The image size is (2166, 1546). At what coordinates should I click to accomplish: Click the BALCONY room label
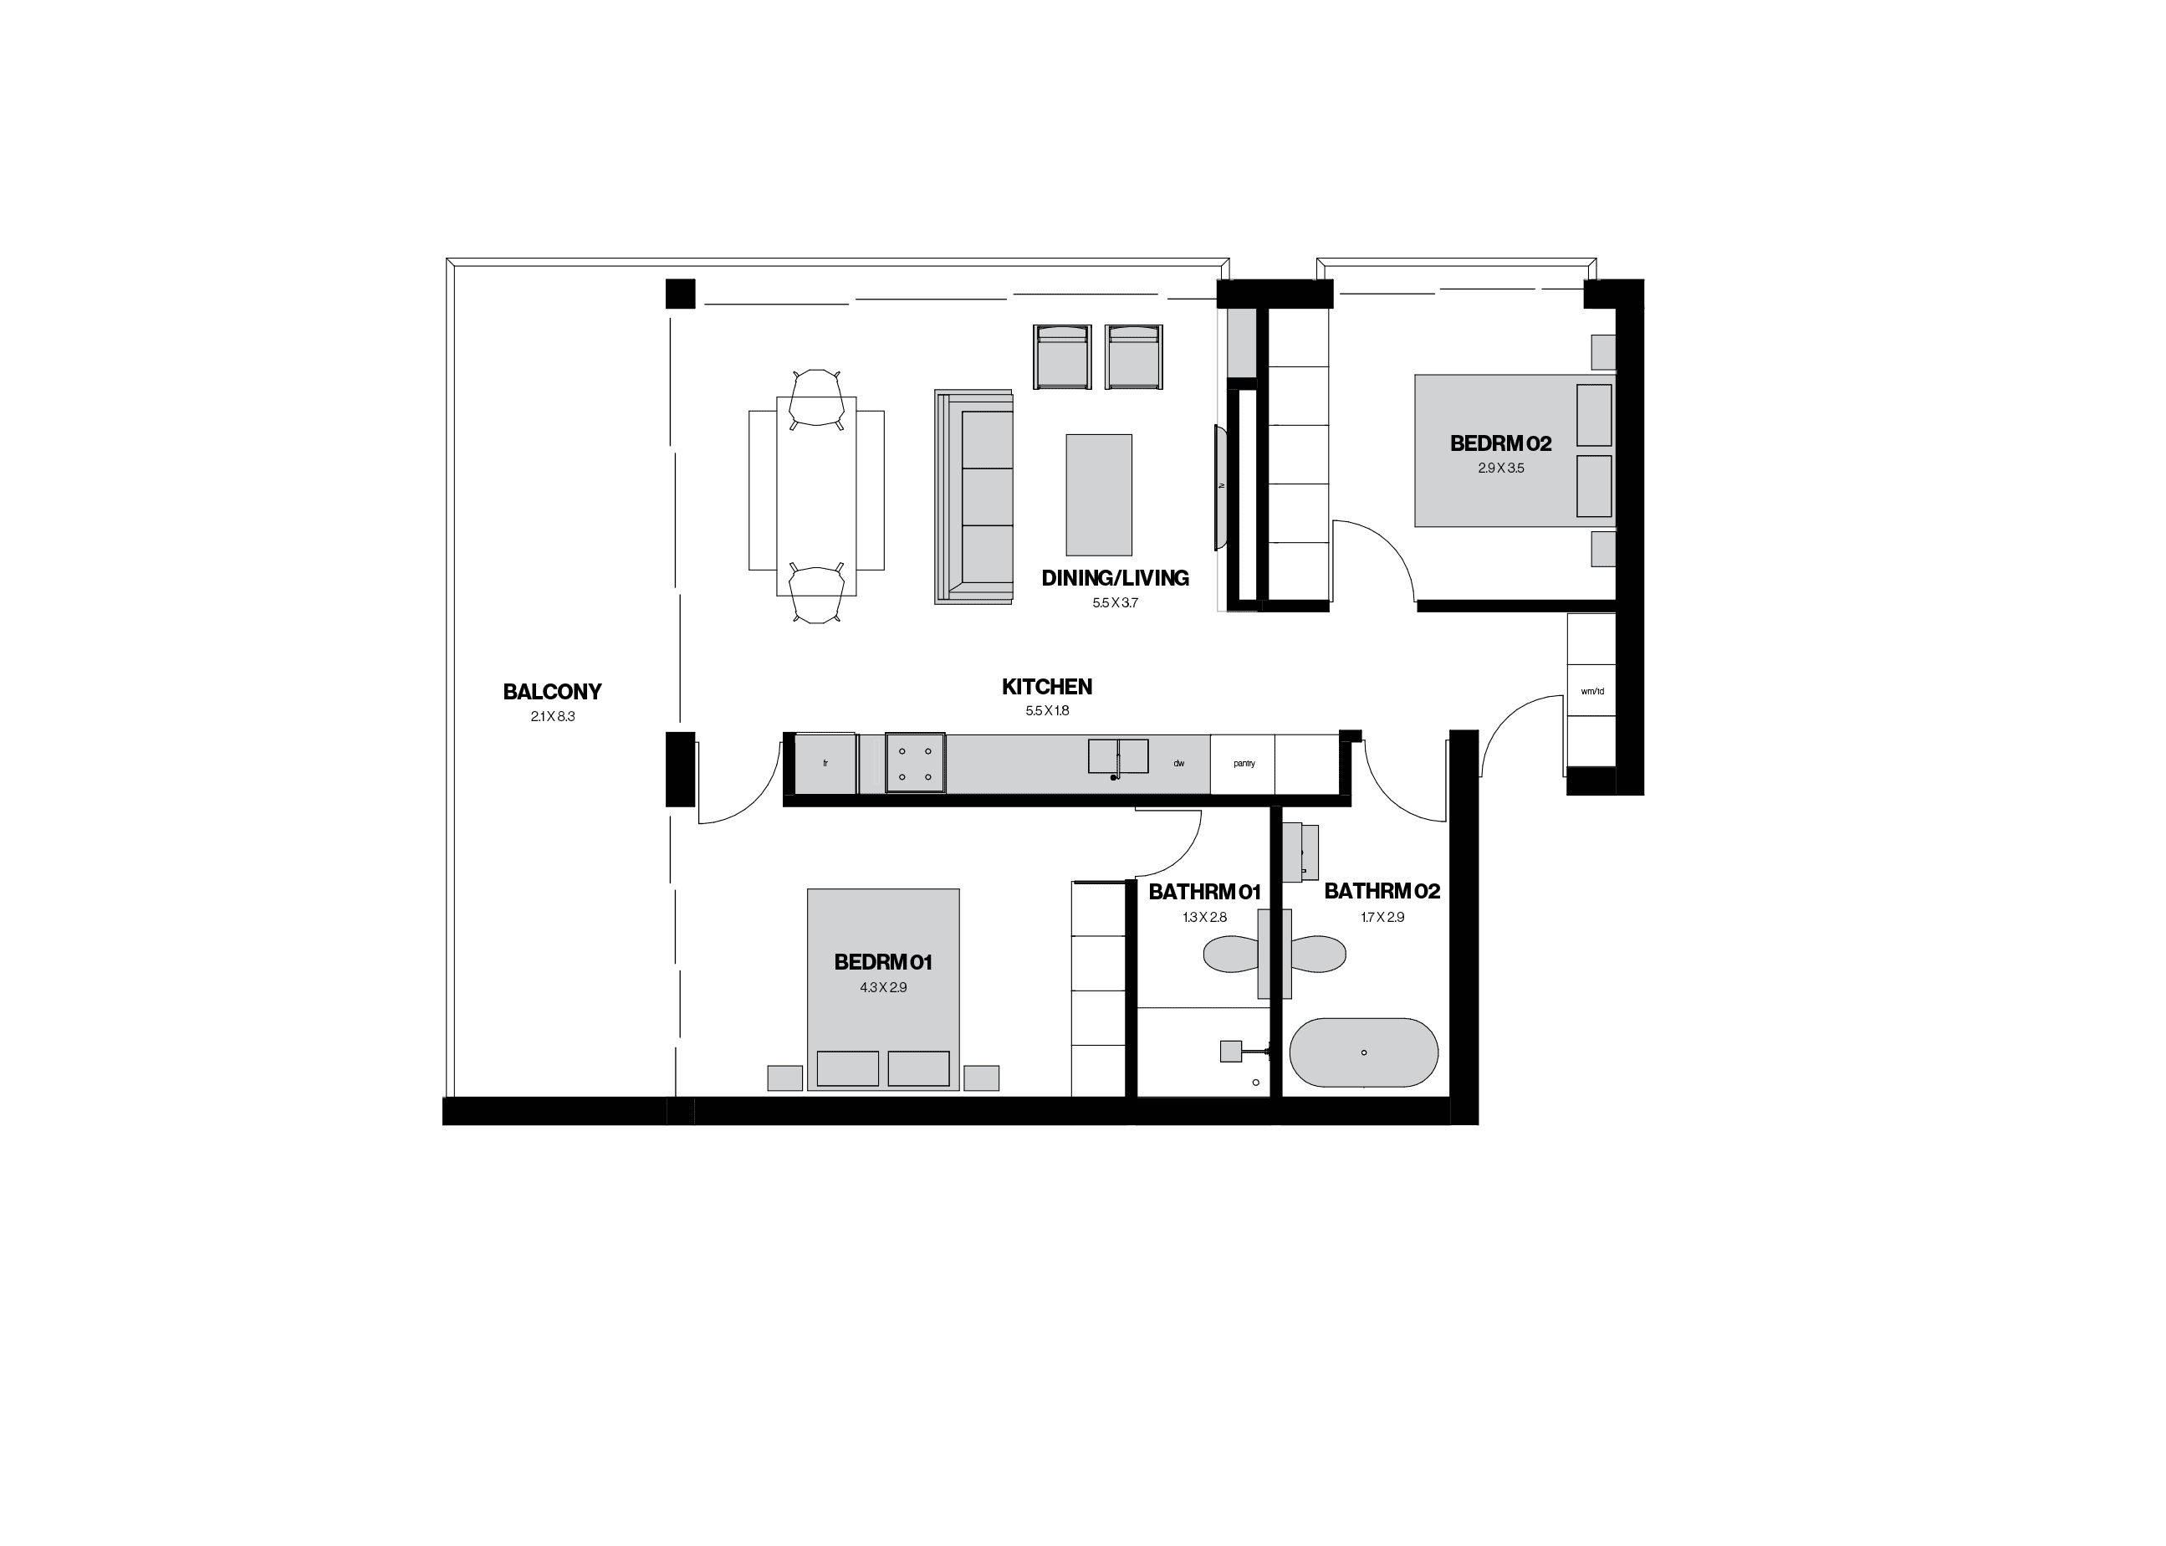pos(552,692)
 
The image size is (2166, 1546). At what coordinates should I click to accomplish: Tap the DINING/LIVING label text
pos(1115,578)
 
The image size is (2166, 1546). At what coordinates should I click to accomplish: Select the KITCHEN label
pos(1047,686)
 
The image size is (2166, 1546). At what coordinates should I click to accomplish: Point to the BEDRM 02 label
pos(1501,443)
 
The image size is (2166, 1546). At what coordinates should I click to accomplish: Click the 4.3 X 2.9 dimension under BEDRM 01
pos(883,987)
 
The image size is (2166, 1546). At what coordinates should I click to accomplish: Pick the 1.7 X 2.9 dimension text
pos(1382,917)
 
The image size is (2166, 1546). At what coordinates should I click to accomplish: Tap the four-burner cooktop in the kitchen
pos(915,762)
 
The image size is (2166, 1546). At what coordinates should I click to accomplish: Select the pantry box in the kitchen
pos(1243,764)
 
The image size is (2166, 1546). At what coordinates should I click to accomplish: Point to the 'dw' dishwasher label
pos(1178,764)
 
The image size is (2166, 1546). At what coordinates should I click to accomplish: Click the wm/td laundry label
pos(1592,691)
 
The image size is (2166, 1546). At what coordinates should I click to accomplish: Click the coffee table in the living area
pos(1099,495)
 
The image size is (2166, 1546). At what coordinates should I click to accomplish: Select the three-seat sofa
pos(973,497)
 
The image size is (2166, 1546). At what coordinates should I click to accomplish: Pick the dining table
pos(816,490)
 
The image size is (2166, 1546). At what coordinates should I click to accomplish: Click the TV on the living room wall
pos(1220,488)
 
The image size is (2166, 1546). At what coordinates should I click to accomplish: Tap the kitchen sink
pos(1118,757)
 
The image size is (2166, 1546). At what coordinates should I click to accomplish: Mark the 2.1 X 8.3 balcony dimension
pos(553,717)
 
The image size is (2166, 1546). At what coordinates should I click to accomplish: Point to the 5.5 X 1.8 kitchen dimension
pos(1047,711)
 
